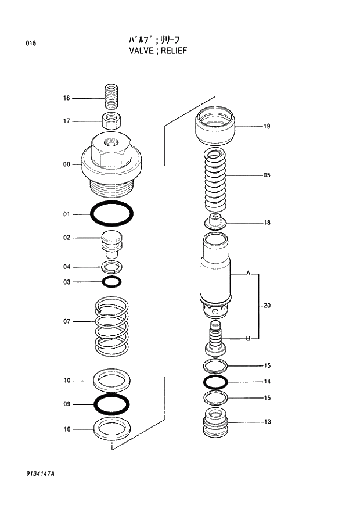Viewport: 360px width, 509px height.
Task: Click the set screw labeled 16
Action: coord(111,96)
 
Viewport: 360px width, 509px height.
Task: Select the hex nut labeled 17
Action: coord(111,121)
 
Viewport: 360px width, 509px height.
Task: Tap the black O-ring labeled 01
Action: coord(111,214)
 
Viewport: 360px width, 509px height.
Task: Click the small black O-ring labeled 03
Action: coord(111,282)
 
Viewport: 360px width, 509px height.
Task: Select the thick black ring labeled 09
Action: coord(111,403)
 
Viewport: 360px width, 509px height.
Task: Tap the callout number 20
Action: coord(267,306)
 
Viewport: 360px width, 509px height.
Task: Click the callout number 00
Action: coord(67,164)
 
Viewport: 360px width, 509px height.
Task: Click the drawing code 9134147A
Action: coord(40,474)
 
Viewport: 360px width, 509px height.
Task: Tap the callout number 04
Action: coord(67,267)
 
